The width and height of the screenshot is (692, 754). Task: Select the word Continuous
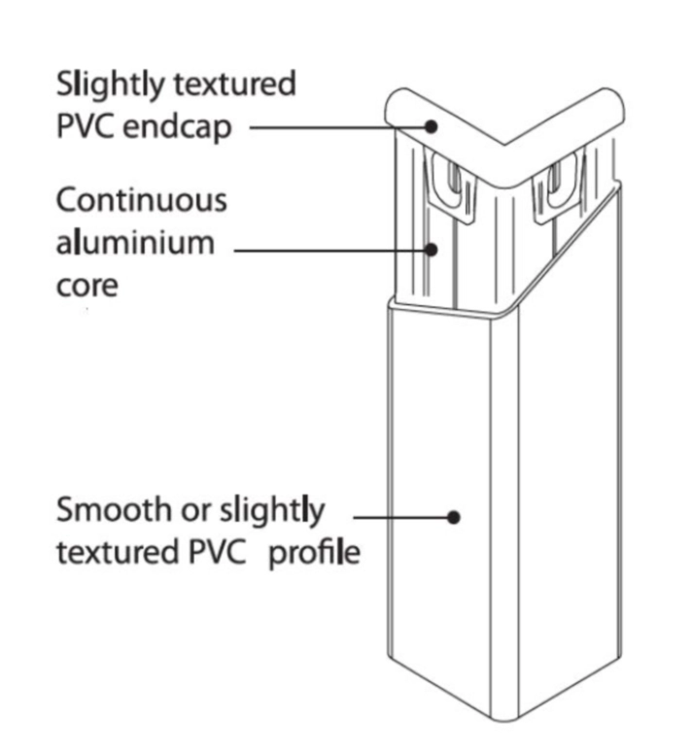click(142, 200)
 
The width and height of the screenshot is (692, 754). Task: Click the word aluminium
click(135, 242)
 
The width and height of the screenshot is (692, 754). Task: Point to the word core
click(87, 287)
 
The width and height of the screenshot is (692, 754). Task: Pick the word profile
click(314, 554)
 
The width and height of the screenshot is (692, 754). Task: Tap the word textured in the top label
click(234, 84)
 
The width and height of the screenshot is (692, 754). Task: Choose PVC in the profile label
click(218, 552)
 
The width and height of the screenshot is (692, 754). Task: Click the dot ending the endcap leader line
click(432, 126)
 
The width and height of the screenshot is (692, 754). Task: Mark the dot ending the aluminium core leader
click(432, 250)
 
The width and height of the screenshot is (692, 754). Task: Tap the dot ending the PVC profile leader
click(453, 518)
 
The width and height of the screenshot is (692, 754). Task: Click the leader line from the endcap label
click(340, 127)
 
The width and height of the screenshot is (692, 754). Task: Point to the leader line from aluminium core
click(332, 251)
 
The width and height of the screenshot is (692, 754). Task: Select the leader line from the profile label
click(403, 518)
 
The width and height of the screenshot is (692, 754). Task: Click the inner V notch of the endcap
click(503, 144)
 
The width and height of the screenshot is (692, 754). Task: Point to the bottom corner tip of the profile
click(505, 720)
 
